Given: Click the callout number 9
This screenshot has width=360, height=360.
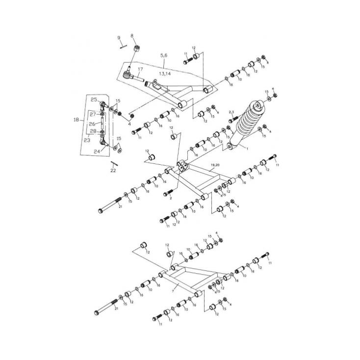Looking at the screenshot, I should pyautogui.click(x=118, y=38).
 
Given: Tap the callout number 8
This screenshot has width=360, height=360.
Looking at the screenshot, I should pyautogui.click(x=132, y=36).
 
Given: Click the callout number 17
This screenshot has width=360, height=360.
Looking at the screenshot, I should pyautogui.click(x=139, y=70).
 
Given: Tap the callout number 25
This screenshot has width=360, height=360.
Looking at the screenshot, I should pyautogui.click(x=93, y=100).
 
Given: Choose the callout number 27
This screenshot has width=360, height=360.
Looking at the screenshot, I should pyautogui.click(x=93, y=114).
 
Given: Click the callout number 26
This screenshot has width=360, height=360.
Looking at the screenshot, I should pyautogui.click(x=92, y=124).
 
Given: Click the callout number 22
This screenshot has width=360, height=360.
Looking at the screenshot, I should pyautogui.click(x=113, y=171).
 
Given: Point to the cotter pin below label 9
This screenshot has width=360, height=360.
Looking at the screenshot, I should pyautogui.click(x=123, y=46).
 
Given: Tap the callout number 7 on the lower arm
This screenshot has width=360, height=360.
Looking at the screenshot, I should pyautogui.click(x=172, y=291).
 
